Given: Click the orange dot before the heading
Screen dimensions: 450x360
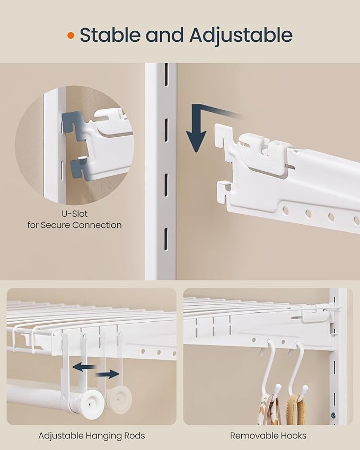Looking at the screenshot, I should [70, 36].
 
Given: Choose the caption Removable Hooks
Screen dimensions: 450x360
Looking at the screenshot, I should [268, 436].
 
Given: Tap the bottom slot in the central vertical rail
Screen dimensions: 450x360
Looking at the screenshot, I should [165, 236].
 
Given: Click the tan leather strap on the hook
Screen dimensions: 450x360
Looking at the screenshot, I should [293, 411].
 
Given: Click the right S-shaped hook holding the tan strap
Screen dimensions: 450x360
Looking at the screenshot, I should [297, 366].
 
